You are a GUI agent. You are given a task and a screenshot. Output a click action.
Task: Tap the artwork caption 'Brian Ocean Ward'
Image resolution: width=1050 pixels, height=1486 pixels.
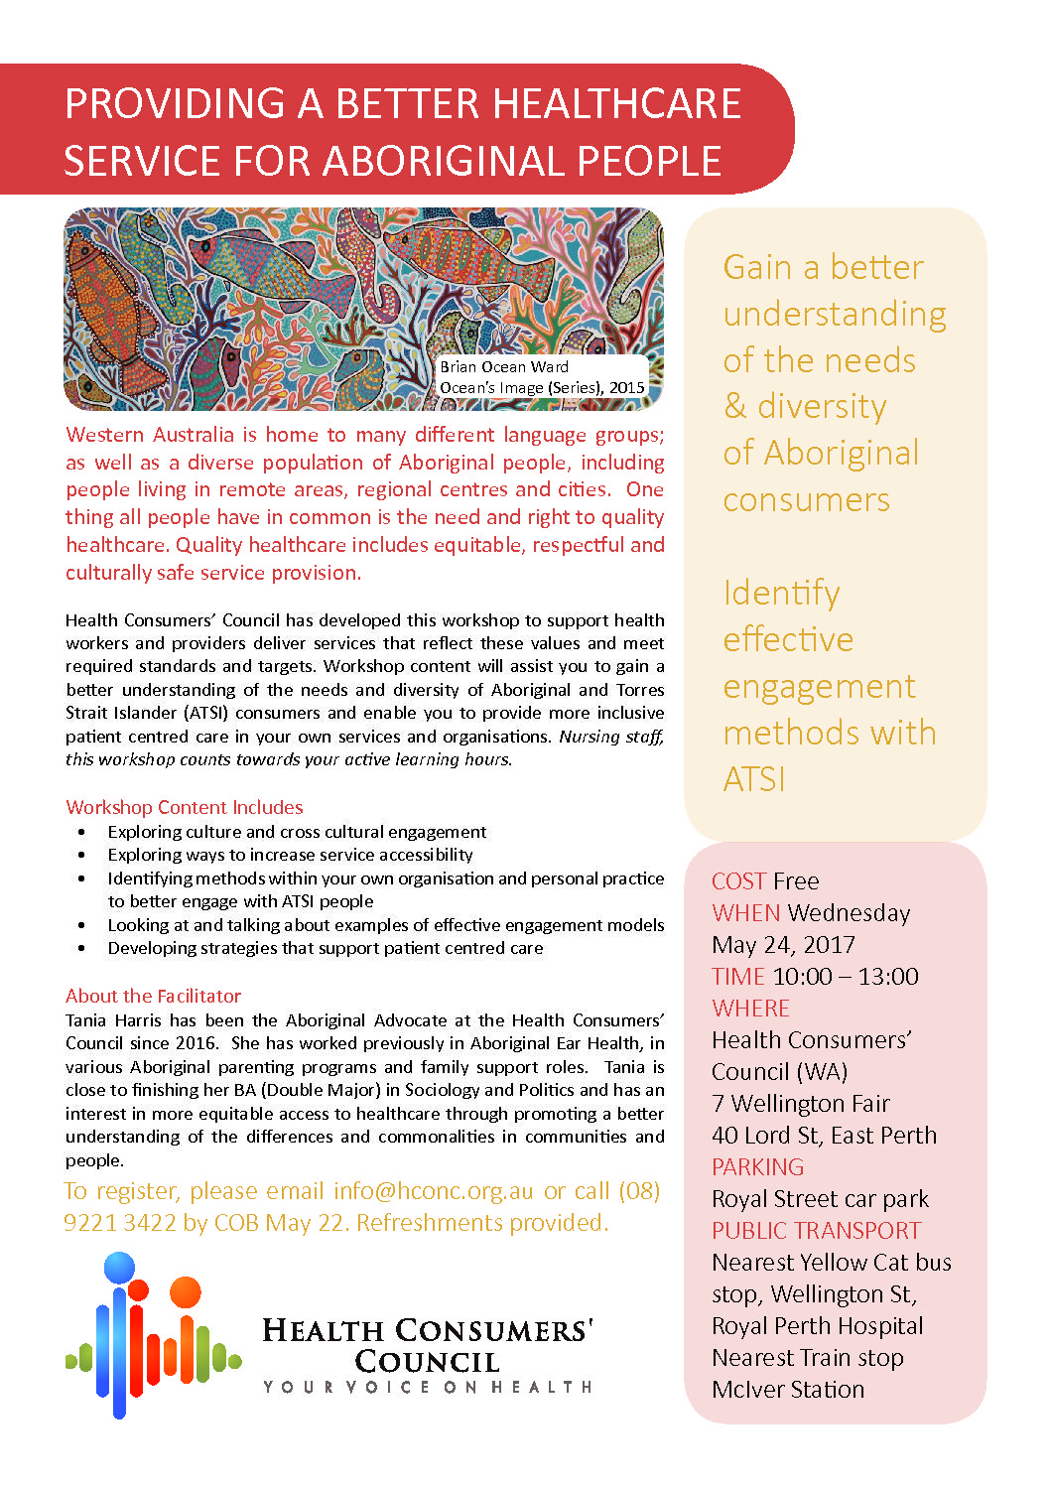click(x=504, y=366)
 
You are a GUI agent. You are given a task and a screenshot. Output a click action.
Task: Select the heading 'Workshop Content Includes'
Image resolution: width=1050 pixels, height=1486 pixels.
click(x=185, y=807)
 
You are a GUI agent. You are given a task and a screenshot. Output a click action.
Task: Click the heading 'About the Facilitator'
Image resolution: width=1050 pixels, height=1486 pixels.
click(x=154, y=996)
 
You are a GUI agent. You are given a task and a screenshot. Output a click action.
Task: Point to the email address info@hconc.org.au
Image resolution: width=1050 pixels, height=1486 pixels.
click(x=434, y=1191)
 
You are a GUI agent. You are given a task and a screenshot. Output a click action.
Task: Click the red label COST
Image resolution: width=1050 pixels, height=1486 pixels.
click(x=738, y=881)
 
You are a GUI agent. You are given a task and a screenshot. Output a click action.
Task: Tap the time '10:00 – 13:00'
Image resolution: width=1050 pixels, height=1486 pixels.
click(x=846, y=977)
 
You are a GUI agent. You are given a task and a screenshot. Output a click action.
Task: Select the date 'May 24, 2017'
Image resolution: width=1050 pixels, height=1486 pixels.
click(x=783, y=945)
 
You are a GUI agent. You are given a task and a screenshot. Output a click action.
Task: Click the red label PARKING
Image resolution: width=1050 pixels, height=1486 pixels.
click(x=758, y=1167)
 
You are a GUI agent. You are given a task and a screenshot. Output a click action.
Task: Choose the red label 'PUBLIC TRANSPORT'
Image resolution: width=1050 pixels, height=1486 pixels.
click(x=817, y=1231)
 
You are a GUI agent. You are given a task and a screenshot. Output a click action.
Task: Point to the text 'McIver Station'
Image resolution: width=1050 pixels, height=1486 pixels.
click(x=788, y=1390)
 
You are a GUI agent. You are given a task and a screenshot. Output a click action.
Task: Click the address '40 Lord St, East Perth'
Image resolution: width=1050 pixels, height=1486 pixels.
click(x=824, y=1136)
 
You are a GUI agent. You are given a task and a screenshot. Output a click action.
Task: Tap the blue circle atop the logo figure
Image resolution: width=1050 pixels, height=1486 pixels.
click(x=119, y=1268)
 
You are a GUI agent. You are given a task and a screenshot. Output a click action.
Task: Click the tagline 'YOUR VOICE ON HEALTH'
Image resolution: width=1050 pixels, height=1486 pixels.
click(x=428, y=1387)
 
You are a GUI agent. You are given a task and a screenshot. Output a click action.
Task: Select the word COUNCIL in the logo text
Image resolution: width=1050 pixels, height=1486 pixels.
click(x=428, y=1361)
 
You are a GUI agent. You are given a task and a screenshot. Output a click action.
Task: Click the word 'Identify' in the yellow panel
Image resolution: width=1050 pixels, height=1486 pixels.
click(x=782, y=594)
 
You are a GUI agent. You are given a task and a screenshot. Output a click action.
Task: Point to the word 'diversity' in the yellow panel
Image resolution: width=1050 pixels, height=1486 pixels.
click(x=822, y=407)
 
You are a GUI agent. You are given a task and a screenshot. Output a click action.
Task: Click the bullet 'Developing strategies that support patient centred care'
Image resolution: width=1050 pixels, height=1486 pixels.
click(x=326, y=948)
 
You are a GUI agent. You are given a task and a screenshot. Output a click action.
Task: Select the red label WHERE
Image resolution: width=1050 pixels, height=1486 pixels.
click(x=750, y=1009)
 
